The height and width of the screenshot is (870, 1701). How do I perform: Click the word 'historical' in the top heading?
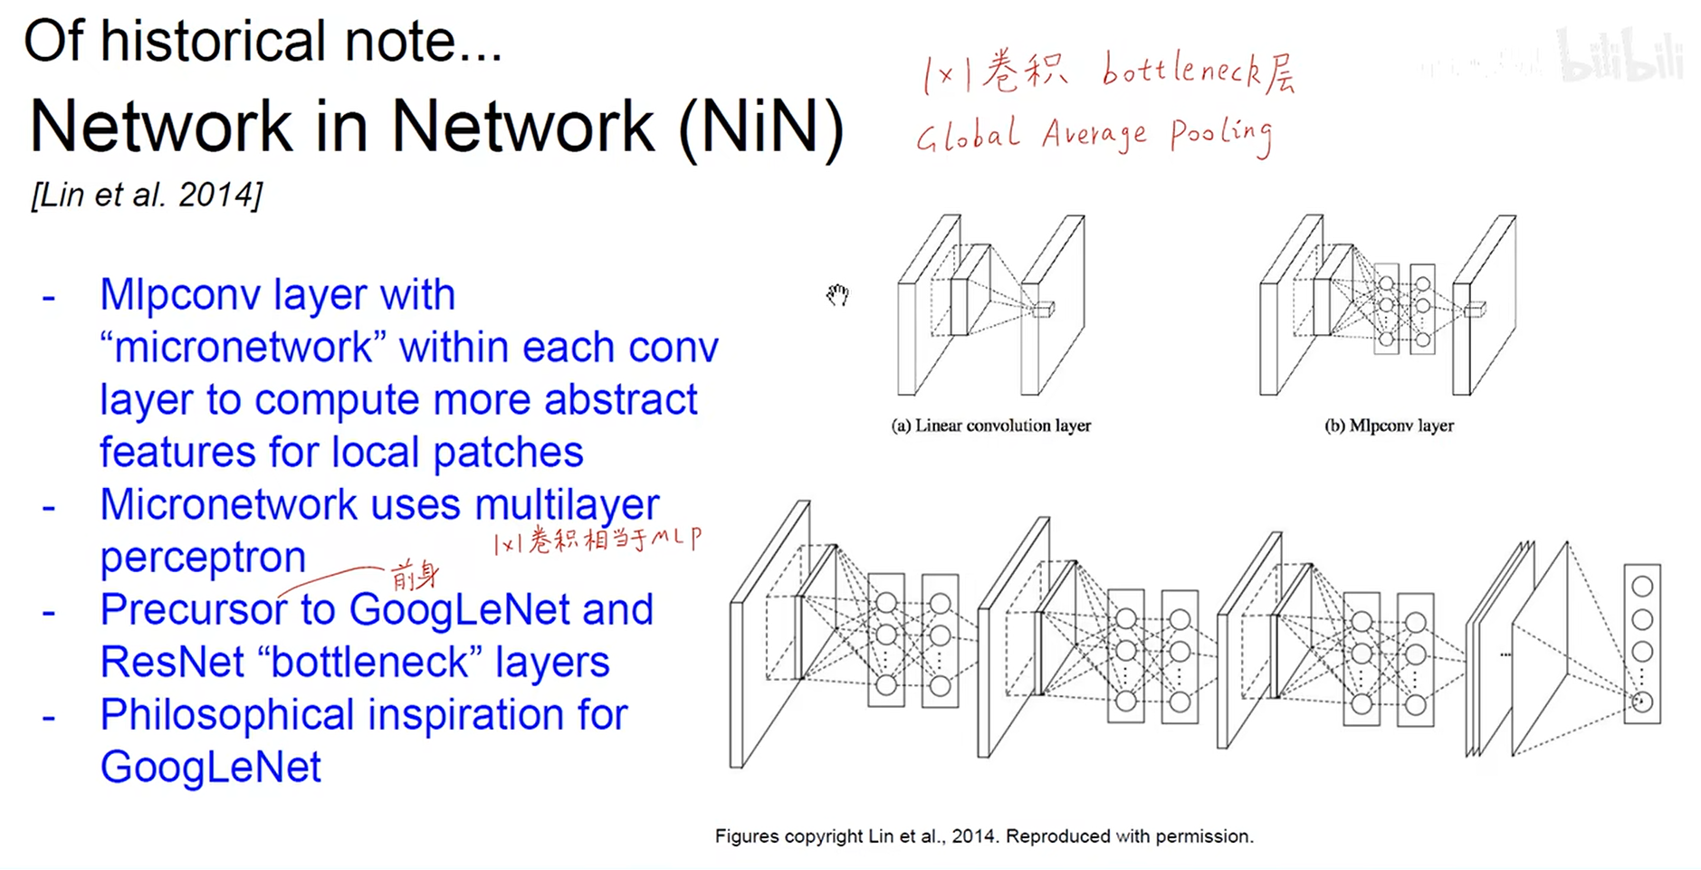click(x=213, y=42)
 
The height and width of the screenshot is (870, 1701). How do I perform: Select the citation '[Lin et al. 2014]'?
click(x=147, y=195)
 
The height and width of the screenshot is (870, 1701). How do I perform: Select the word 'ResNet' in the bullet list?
click(x=172, y=663)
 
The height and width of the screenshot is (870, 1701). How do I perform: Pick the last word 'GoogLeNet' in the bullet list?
click(x=210, y=768)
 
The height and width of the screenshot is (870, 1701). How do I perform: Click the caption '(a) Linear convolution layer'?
click(x=991, y=425)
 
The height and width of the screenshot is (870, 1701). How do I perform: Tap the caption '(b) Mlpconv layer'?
click(x=1389, y=425)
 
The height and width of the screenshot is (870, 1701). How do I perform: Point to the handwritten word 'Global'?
click(x=968, y=136)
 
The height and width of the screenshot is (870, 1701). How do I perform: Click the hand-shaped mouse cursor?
click(x=837, y=295)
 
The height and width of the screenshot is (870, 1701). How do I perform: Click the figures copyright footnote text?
click(x=984, y=837)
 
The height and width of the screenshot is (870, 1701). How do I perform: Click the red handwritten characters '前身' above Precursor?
click(x=415, y=575)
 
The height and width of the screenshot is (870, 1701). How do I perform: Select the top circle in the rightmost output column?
click(x=1642, y=587)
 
